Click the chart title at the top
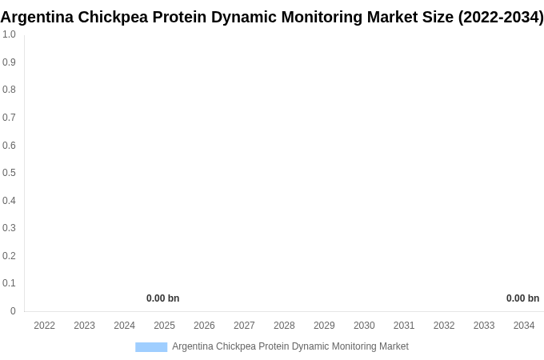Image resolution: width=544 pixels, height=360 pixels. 272,17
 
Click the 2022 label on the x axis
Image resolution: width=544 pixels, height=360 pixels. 45,326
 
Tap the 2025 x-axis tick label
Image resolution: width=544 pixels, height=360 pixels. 164,326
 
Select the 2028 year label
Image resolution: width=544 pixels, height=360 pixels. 284,326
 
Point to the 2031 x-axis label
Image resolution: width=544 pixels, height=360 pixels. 404,326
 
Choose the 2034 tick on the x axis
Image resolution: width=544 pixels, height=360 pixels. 524,326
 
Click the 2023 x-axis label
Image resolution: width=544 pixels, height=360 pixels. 85,326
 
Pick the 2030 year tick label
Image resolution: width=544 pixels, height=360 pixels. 364,326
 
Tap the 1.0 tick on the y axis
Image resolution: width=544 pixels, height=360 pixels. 9,34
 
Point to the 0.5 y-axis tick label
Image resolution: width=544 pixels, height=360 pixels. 9,173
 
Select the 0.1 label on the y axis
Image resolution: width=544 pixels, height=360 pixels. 9,283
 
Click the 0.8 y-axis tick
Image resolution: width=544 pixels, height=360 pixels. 9,90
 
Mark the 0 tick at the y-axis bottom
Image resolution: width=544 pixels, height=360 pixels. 13,311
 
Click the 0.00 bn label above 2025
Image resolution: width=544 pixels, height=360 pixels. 163,298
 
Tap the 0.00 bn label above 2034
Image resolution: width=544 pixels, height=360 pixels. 522,298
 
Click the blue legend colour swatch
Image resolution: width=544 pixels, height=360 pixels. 151,346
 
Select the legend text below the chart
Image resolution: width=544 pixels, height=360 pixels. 290,346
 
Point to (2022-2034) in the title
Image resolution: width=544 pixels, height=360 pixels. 501,17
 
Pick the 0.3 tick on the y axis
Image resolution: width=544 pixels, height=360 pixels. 9,228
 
